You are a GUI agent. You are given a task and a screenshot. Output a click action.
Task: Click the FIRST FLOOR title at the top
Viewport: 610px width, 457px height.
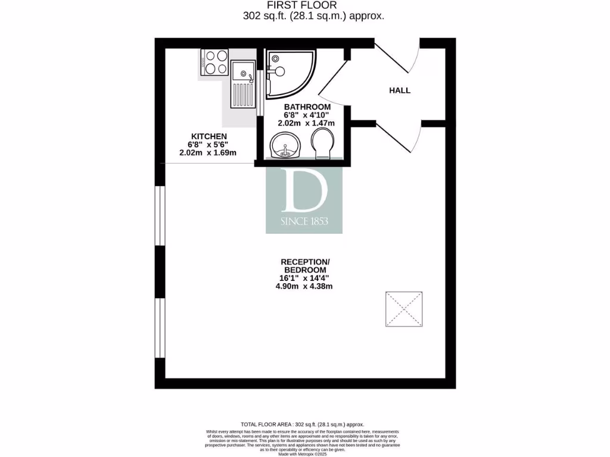coord(304,6)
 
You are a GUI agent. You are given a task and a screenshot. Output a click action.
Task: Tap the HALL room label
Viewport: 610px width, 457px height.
coord(400,90)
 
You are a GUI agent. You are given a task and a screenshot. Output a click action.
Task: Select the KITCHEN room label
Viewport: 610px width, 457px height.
coord(208,136)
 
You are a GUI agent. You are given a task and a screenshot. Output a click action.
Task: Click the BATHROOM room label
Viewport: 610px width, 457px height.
coord(307,107)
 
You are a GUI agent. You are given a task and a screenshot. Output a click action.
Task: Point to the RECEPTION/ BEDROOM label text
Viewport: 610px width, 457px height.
coord(305,265)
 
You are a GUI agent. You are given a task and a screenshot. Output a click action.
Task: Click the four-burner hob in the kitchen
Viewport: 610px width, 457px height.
coord(216,62)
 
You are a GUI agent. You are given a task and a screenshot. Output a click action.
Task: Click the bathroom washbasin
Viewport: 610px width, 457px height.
coord(285,146)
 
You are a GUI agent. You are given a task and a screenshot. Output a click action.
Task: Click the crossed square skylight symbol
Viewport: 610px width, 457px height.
coord(403,309)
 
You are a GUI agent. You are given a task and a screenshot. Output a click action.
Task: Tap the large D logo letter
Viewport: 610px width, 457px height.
coord(304,191)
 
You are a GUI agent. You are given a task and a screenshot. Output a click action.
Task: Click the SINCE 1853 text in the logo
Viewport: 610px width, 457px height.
coord(304,222)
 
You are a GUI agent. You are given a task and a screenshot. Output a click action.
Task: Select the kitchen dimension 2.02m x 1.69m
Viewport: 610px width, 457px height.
coord(208,152)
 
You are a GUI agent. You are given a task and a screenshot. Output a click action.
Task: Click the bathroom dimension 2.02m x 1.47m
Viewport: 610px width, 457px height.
coord(306,123)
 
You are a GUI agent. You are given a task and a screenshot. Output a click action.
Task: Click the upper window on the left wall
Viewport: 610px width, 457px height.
coord(160,215)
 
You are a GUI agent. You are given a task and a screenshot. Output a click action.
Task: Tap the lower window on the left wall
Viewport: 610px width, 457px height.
coord(160,327)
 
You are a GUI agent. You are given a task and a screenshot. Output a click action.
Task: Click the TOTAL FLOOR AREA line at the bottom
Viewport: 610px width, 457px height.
coord(302,424)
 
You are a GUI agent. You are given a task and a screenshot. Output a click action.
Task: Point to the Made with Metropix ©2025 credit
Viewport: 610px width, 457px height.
coord(302,453)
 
